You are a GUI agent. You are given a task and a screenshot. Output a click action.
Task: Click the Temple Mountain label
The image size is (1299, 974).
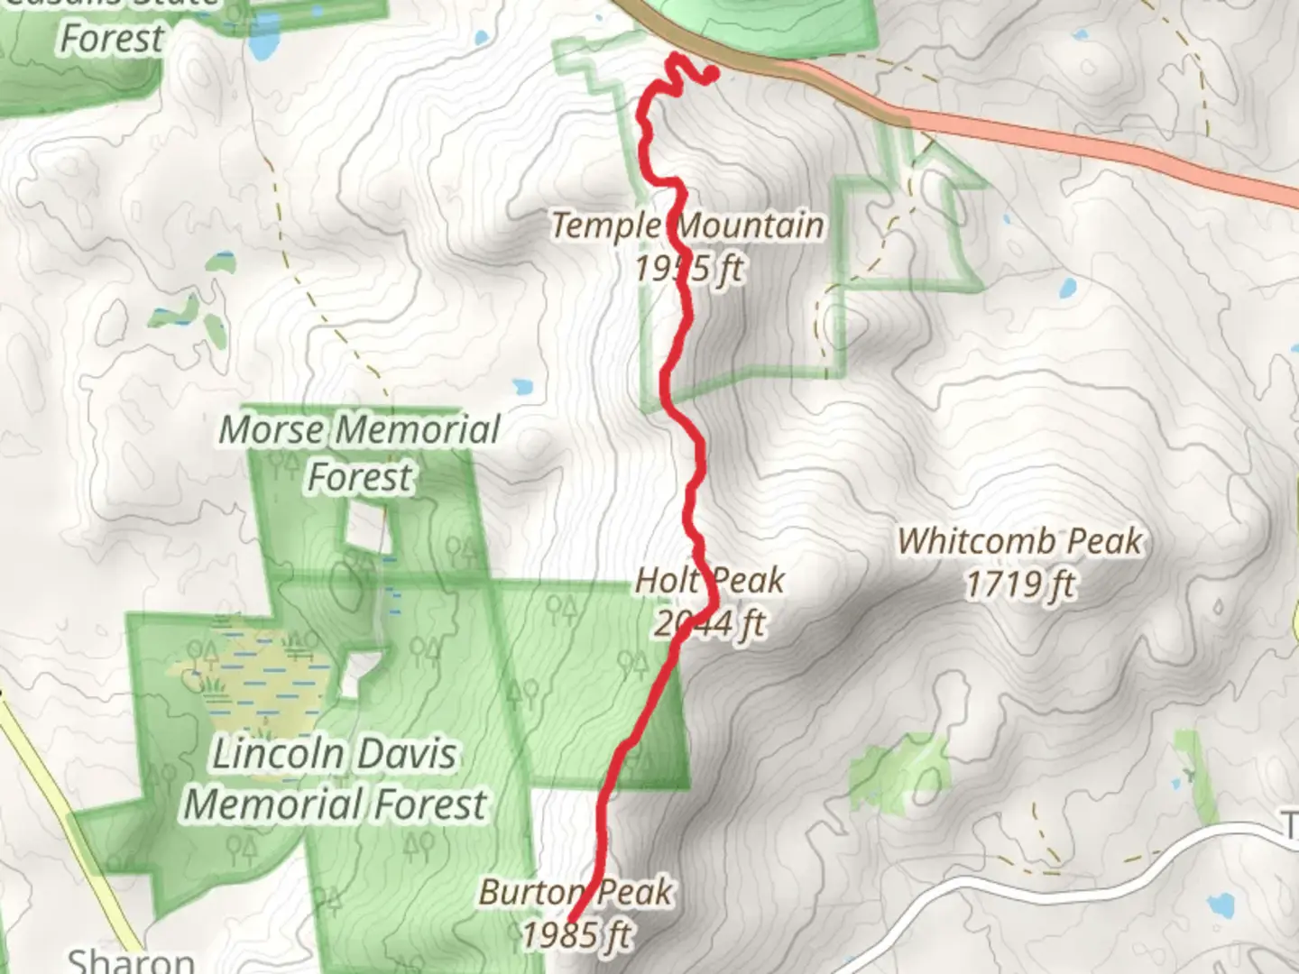687,225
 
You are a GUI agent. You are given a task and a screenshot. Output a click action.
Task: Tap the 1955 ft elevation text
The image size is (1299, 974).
688,268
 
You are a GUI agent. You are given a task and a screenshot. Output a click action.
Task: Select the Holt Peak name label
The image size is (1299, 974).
710,581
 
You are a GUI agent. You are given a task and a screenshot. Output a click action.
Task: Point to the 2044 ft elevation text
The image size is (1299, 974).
710,623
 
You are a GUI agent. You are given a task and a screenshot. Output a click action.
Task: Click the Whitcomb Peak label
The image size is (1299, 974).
1020,541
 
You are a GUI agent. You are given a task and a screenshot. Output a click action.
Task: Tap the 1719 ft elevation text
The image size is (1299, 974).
1020,584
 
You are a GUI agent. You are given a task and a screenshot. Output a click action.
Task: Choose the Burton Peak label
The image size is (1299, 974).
576,893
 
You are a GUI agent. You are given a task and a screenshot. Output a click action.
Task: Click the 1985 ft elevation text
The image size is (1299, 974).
576,935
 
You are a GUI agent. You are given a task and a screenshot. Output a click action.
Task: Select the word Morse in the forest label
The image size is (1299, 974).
274,430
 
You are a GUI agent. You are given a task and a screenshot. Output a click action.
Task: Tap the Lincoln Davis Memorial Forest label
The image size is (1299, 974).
335,778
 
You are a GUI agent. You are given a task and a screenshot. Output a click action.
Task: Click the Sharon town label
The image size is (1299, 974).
131,960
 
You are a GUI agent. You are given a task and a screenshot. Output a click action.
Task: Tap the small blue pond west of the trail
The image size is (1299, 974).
522,388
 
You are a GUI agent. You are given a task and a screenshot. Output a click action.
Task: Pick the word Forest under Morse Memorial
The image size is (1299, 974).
360,476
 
